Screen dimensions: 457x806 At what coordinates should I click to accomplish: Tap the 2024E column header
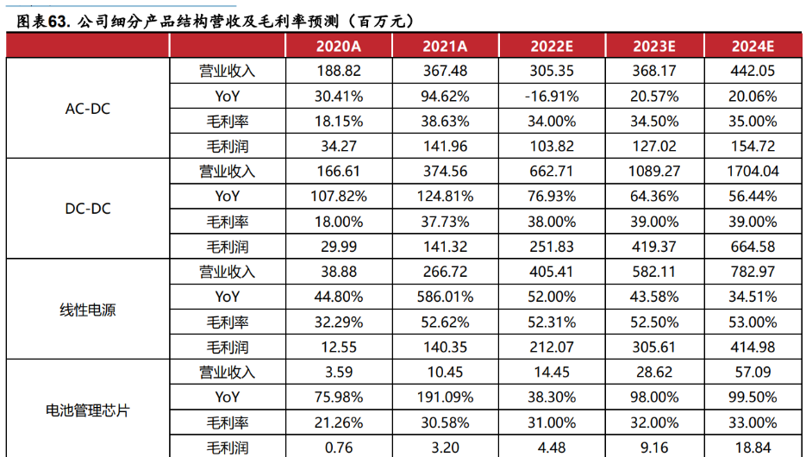coord(753,47)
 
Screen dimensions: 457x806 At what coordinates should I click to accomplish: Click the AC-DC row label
coord(88,109)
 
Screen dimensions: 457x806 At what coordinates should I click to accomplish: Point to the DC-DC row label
coord(88,209)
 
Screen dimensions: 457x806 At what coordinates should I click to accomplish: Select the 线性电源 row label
coord(88,310)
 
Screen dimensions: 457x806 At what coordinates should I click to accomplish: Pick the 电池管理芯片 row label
coord(88,410)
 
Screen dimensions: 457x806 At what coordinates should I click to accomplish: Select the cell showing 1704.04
coord(753,172)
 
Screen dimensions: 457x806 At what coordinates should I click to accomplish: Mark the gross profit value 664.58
coord(753,247)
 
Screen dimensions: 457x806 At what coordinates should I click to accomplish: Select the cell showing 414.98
coord(753,347)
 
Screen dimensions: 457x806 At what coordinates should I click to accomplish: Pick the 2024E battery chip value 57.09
coord(753,372)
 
